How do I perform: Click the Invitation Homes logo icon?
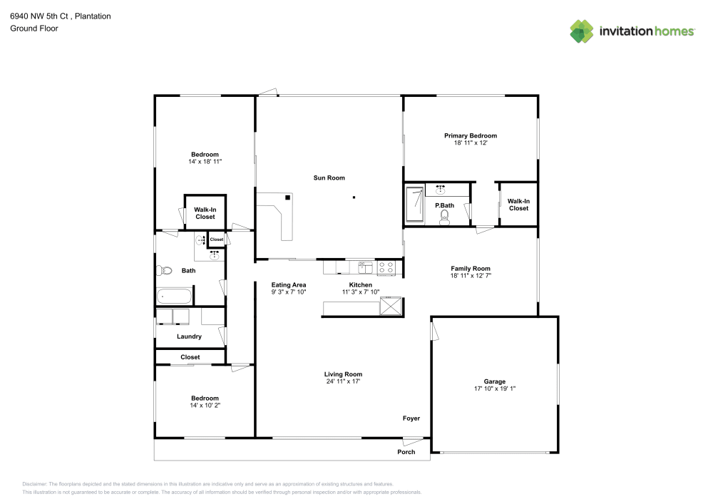tap(582, 31)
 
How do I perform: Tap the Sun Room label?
tap(329, 178)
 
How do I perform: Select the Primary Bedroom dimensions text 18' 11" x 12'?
tap(470, 143)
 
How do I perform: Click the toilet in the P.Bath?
tap(446, 217)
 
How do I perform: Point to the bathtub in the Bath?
tap(174, 296)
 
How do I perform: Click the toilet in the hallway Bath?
tap(165, 270)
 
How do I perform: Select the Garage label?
tap(495, 381)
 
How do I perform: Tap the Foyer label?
tap(411, 418)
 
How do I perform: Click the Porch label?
tap(406, 452)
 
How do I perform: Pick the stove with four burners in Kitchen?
tap(386, 267)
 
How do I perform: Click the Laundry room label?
tap(189, 336)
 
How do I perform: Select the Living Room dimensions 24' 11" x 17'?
tap(343, 381)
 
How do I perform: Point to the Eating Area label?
tap(289, 284)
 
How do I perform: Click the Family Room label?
tap(471, 268)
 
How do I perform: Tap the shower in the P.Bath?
tap(414, 205)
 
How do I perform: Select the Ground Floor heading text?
tap(34, 29)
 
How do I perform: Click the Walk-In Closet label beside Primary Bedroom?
tap(518, 205)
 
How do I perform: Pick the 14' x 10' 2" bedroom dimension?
tap(205, 406)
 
